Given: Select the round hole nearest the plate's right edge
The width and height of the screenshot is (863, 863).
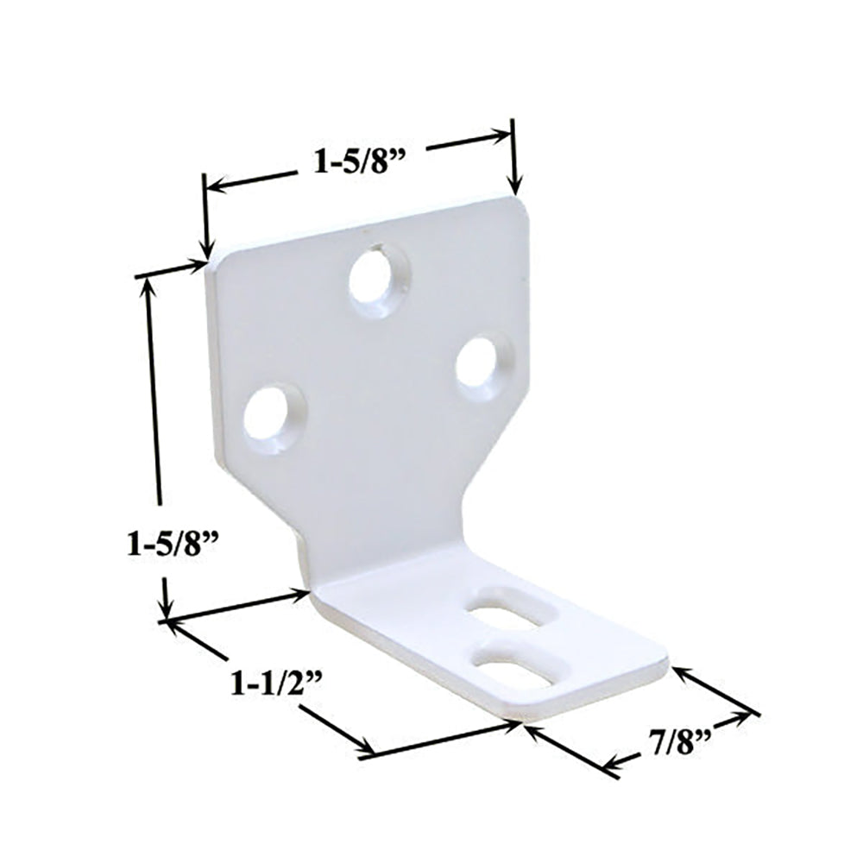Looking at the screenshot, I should [482, 366].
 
